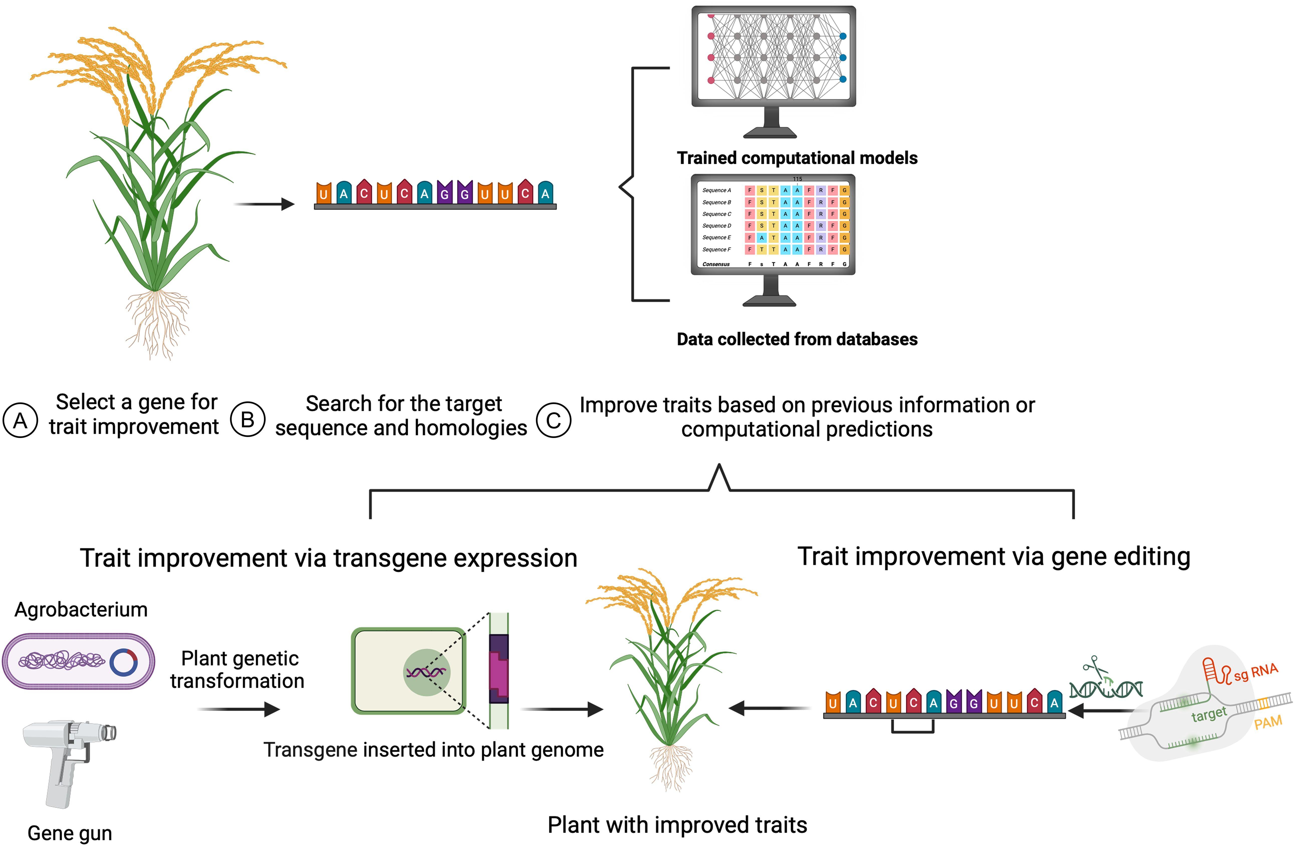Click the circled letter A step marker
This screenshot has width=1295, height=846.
click(x=20, y=420)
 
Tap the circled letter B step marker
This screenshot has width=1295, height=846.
click(x=247, y=419)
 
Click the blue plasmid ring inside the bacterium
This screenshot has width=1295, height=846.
click(x=123, y=662)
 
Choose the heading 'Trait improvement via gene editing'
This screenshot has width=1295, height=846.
click(x=994, y=556)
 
